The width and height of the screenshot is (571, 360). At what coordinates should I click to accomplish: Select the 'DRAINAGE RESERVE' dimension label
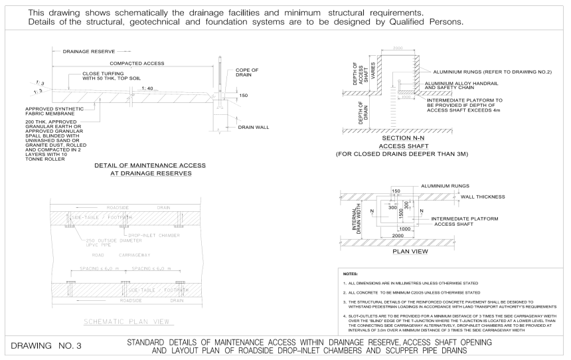(x=88, y=50)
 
